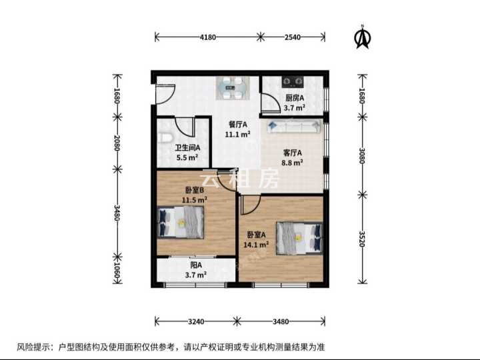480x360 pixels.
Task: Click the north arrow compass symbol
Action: [x=363, y=37]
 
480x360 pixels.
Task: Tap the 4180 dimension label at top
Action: [x=208, y=37]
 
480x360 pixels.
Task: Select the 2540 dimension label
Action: [x=293, y=37]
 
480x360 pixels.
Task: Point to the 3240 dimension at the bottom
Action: [x=196, y=321]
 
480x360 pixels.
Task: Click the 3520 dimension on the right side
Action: [x=362, y=239]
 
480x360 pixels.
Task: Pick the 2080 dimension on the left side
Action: [x=117, y=143]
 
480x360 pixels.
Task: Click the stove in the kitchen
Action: [x=293, y=81]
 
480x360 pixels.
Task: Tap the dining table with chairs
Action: [x=233, y=88]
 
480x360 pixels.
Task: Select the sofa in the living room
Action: [x=294, y=127]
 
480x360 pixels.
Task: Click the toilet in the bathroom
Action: [x=164, y=137]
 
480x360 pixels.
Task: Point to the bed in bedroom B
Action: [x=181, y=223]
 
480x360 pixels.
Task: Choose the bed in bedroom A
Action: [x=299, y=238]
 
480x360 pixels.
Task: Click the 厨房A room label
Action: [x=295, y=98]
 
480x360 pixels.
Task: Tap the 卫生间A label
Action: [x=187, y=148]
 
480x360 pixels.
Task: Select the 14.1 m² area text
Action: [x=256, y=245]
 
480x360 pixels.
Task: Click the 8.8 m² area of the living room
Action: [x=293, y=163]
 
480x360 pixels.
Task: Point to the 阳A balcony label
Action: [x=196, y=265]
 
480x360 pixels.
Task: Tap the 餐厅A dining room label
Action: [x=238, y=125]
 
